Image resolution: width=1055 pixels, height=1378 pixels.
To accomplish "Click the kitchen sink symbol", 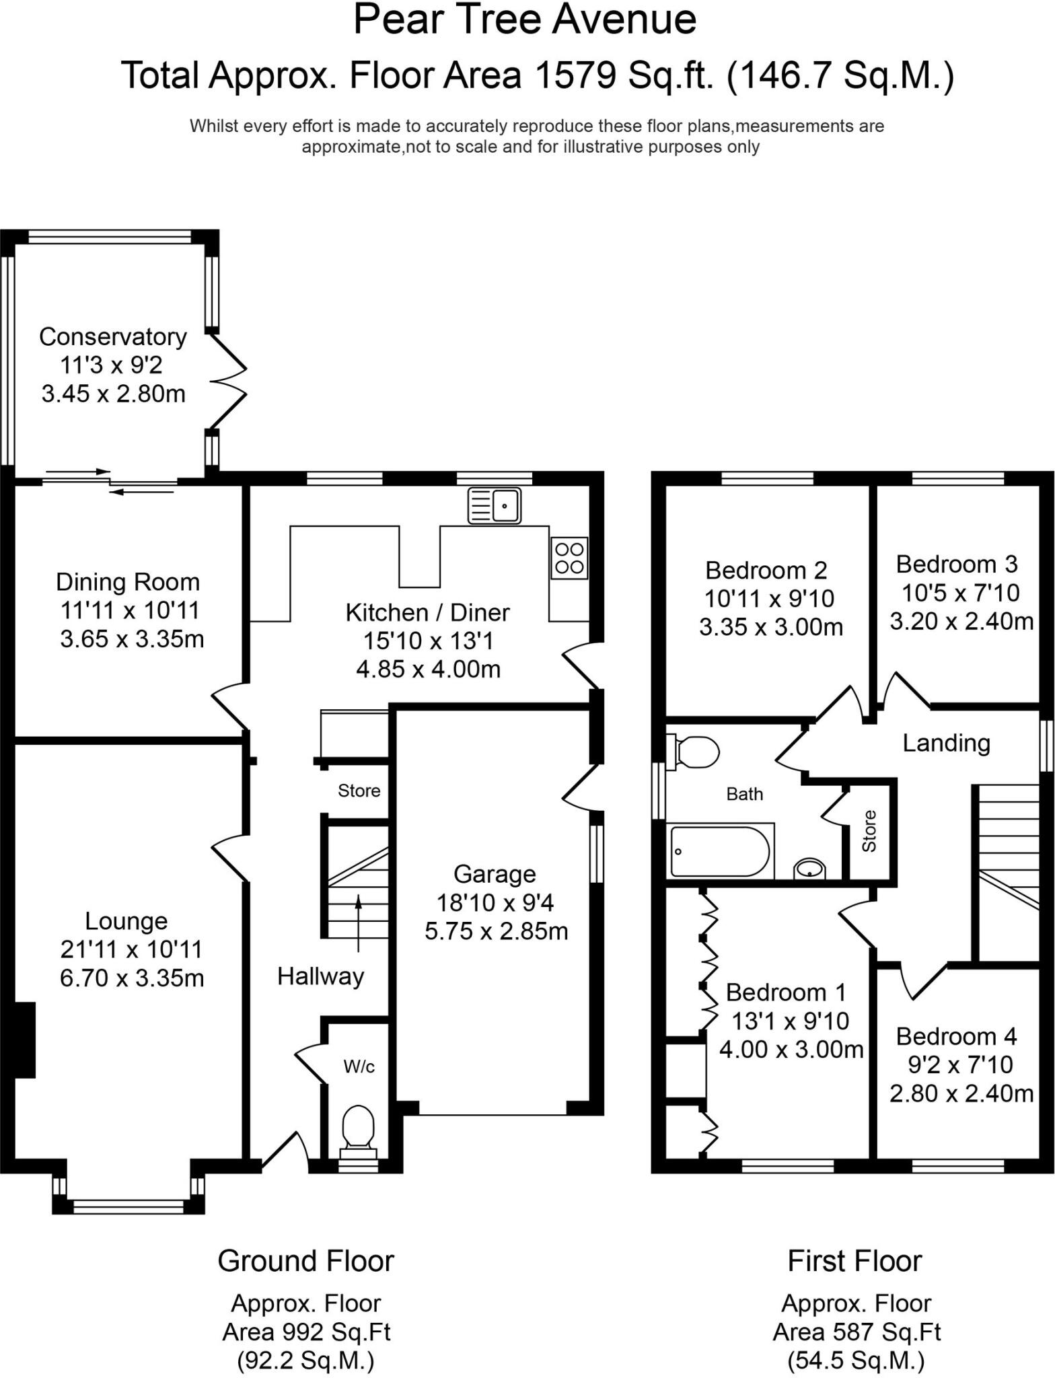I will [x=495, y=505].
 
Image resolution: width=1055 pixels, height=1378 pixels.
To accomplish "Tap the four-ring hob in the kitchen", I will [x=569, y=558].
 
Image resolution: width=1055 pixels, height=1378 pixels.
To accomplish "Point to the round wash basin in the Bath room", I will [x=809, y=869].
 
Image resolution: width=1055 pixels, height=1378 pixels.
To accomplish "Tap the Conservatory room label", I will [x=113, y=336].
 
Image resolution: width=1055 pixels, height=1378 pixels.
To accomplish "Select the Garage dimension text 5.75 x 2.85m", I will [x=496, y=931].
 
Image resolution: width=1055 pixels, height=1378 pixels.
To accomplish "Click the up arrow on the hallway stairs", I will [x=358, y=922].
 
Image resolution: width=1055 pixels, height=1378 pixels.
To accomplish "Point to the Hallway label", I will [x=320, y=976].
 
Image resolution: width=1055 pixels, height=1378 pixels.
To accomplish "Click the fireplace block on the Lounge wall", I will [x=25, y=1040].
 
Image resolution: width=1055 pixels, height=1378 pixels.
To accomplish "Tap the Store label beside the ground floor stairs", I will [x=359, y=791].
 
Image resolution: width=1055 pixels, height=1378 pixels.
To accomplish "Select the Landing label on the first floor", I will [x=945, y=743].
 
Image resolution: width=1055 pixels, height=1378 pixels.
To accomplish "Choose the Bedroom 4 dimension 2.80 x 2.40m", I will [x=961, y=1093].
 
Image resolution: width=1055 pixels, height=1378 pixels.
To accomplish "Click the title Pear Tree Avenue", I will [x=524, y=20].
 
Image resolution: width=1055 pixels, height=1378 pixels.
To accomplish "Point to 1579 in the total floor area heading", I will [x=575, y=75].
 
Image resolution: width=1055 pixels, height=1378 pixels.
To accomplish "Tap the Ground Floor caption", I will [x=305, y=1261].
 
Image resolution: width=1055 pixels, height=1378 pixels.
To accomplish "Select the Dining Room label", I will [x=128, y=582].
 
